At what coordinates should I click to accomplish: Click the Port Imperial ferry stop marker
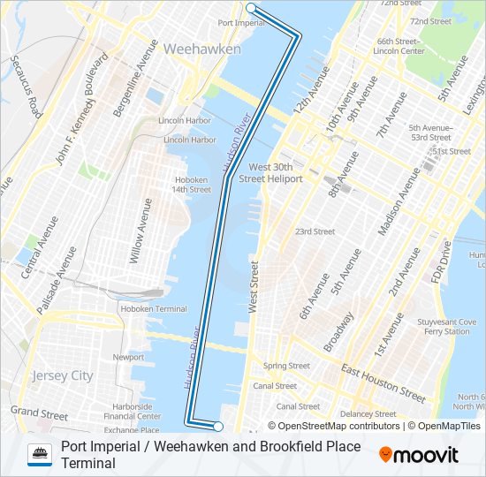[x=251, y=8]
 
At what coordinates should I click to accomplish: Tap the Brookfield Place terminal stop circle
[x=218, y=426]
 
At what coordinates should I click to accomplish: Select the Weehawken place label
[x=201, y=49]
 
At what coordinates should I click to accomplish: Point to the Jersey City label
[x=62, y=375]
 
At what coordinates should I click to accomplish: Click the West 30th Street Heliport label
[x=276, y=172]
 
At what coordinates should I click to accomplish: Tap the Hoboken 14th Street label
[x=192, y=184]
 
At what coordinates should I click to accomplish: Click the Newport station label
[x=128, y=357]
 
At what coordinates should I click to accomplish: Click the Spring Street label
[x=286, y=366]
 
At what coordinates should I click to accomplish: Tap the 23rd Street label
[x=315, y=231]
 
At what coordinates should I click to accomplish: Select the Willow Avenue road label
[x=141, y=231]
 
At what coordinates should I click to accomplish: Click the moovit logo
[x=419, y=455]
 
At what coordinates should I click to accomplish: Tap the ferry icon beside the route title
[x=40, y=454]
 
